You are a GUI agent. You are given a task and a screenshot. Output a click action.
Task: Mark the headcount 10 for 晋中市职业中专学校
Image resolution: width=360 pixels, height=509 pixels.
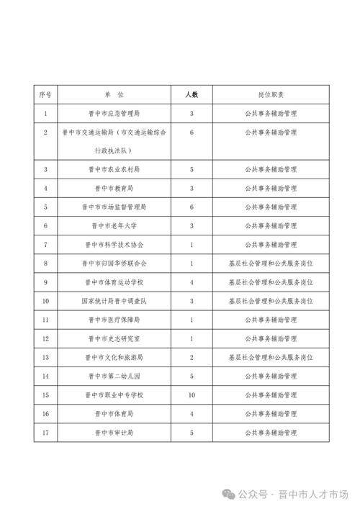tap(192, 395)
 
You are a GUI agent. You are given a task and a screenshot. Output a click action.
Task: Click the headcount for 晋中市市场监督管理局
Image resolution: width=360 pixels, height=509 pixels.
tap(192, 207)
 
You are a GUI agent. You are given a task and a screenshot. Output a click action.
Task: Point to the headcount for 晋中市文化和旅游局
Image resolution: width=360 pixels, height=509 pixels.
tap(192, 356)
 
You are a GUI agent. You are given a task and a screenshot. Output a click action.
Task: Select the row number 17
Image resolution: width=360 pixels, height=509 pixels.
tap(45, 432)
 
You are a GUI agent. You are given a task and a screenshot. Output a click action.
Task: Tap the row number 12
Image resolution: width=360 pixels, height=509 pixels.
tap(45, 338)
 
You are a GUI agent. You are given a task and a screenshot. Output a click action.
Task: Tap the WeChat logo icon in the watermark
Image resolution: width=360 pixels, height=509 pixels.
tap(228, 494)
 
